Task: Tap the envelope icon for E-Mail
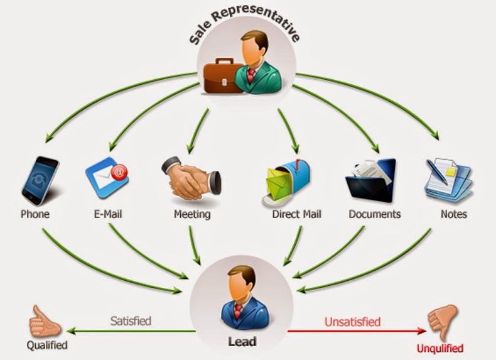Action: pos(107,178)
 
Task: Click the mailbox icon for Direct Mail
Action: pos(286,180)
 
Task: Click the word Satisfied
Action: pos(131,321)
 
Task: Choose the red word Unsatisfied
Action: pos(352,322)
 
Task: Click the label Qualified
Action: pos(46,345)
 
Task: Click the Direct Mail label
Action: pos(296,214)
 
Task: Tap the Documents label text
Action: pos(374,214)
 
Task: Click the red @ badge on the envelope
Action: pos(120,170)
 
